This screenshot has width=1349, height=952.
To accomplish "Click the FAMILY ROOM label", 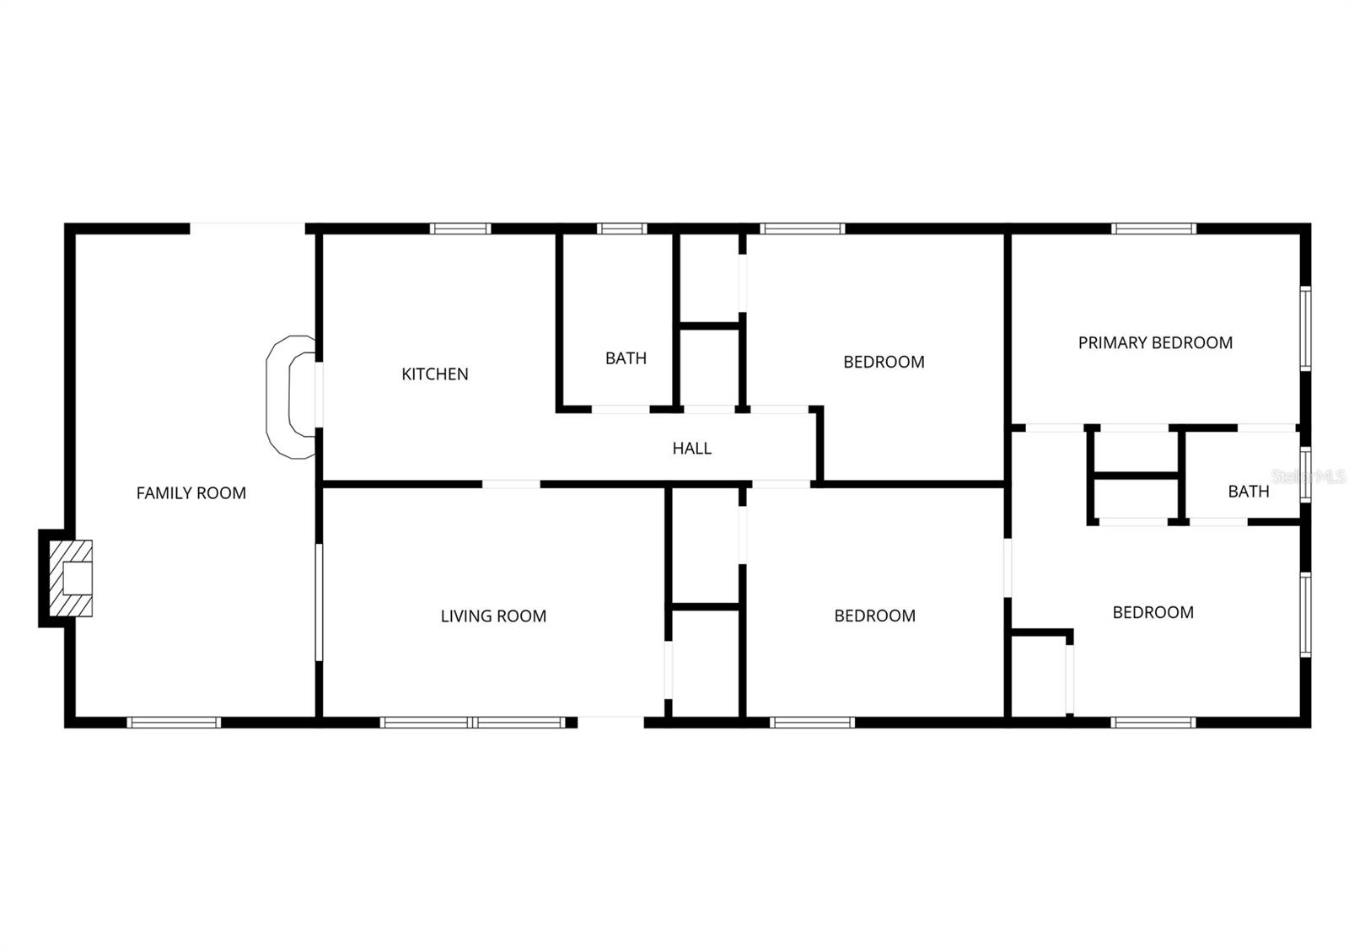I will click(x=191, y=493).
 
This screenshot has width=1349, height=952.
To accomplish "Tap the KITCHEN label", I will click(x=435, y=374).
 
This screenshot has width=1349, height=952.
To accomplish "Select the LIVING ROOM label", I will click(x=493, y=616).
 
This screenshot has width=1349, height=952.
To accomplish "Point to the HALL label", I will click(x=691, y=449).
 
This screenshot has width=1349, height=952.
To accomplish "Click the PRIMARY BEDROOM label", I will click(x=1155, y=342).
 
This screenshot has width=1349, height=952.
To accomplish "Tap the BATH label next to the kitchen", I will click(x=626, y=358).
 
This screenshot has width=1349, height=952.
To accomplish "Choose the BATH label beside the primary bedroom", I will click(x=1248, y=492).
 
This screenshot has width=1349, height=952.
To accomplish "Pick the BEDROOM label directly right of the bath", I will click(x=884, y=362).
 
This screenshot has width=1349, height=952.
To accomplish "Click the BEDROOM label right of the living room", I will click(x=874, y=616).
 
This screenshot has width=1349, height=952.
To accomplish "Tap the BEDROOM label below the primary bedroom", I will click(x=1153, y=613).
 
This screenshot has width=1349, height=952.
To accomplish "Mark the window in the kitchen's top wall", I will click(x=460, y=229).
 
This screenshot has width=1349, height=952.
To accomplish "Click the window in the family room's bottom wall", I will click(x=174, y=722).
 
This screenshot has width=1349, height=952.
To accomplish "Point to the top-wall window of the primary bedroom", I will click(x=1153, y=229).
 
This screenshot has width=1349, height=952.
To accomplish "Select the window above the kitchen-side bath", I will click(x=622, y=229).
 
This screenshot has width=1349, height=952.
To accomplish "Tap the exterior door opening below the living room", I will click(x=610, y=722).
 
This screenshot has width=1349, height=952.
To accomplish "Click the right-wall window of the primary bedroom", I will click(x=1305, y=329).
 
